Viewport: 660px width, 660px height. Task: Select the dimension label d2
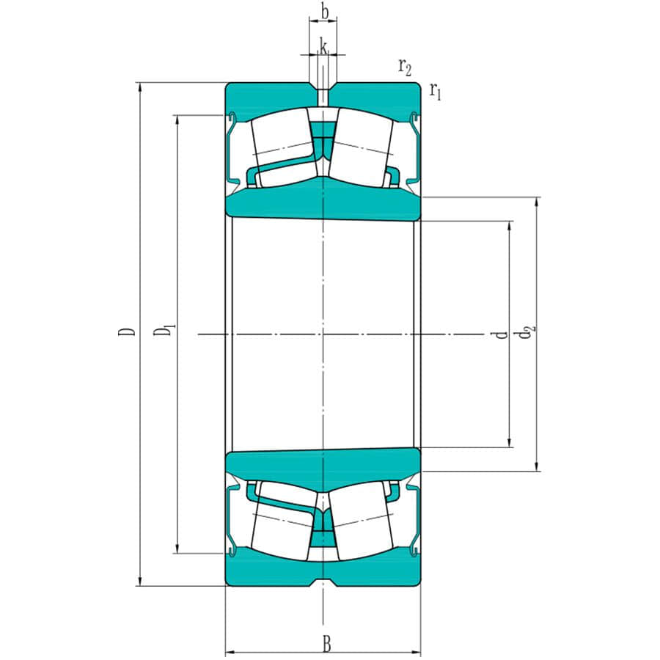525,333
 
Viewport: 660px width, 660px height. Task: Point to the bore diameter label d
502,334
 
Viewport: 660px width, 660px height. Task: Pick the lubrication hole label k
323,48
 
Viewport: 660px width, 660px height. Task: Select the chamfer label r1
436,92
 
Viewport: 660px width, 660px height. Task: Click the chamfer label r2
404,67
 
